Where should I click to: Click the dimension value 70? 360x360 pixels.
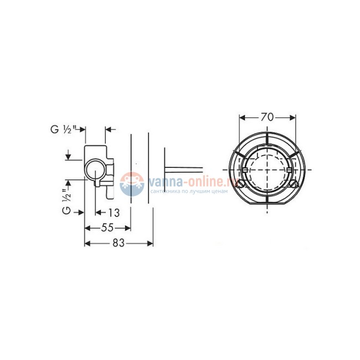click(x=267, y=117)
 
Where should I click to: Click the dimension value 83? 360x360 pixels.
click(x=119, y=243)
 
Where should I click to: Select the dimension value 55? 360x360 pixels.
click(x=107, y=228)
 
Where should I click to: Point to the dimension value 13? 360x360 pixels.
click(x=114, y=213)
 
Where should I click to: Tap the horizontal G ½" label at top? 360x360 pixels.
click(x=63, y=130)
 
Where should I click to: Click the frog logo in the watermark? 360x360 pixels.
click(x=132, y=184)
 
